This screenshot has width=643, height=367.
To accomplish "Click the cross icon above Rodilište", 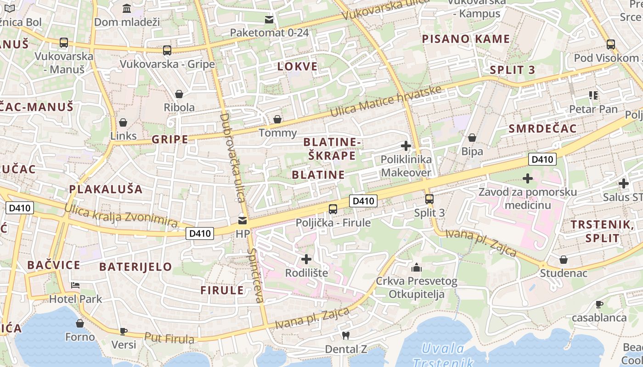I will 306,259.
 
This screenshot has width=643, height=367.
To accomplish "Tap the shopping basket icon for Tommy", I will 277,120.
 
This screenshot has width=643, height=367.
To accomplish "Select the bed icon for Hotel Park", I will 75,285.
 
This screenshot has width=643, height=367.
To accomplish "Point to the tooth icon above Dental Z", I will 346,335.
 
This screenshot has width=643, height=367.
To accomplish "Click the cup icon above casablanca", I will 599,304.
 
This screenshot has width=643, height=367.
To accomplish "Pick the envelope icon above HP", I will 243,221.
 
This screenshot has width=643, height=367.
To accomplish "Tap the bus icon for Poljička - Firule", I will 333,209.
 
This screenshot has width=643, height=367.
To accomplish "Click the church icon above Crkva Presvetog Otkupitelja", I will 417,267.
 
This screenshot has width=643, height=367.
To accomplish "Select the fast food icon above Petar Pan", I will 593,95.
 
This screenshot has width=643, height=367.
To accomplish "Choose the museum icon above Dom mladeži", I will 127,8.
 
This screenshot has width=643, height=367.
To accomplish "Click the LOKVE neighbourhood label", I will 298,67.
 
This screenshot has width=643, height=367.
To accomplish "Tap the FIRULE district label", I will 222,290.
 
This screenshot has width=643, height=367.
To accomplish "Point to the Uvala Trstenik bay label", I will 443,356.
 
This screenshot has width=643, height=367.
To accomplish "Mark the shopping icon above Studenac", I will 564,260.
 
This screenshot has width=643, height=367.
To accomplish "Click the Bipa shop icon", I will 472,138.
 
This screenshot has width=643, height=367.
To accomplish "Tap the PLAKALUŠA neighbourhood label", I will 106,189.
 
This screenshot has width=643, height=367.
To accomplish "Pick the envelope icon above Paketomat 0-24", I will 269,20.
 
